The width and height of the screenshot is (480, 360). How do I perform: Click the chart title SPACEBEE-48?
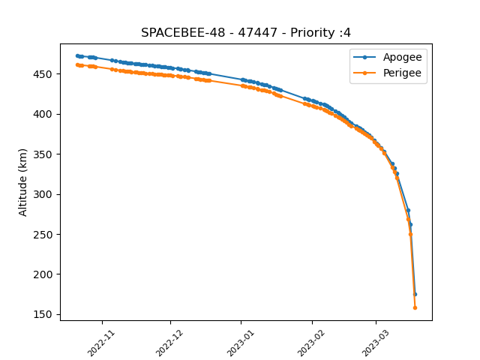tap(183, 32)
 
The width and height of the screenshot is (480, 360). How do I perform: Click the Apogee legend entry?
tap(388, 57)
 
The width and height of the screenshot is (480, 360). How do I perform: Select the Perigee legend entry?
tap(387, 73)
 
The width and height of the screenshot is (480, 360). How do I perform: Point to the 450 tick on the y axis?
tap(43, 74)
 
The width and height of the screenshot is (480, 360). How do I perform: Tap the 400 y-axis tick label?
tap(43, 114)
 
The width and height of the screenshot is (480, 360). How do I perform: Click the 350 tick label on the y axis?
tap(43, 154)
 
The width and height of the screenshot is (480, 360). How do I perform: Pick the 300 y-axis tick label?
tap(43, 194)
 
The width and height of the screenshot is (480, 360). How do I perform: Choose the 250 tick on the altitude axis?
tap(43, 235)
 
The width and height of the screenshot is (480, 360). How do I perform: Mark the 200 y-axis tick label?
tap(43, 274)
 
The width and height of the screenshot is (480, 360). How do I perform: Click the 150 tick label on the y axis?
tap(43, 315)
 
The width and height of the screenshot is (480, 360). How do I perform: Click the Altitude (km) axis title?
tap(22, 183)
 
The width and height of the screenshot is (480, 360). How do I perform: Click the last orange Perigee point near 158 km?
tap(415, 308)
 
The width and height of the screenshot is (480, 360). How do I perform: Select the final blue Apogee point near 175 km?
tap(415, 295)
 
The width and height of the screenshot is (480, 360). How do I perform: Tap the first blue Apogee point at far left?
tap(77, 55)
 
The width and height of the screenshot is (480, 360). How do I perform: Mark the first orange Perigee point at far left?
tap(77, 65)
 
